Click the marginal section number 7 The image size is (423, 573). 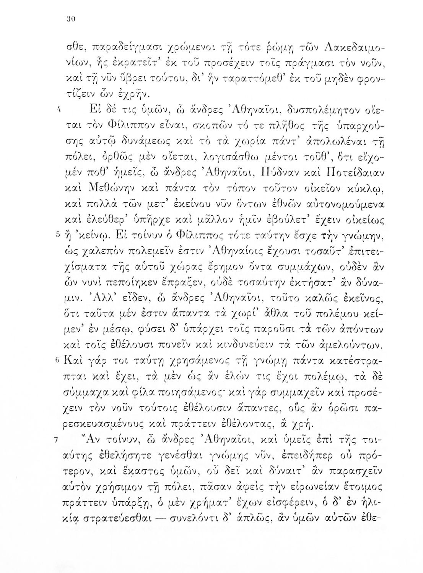(x=56, y=440)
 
